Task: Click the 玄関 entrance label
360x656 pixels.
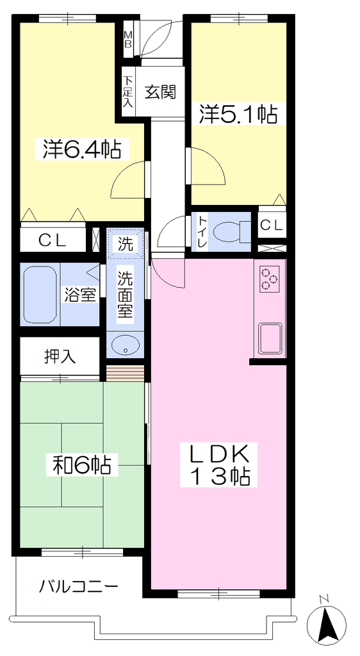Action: click(x=160, y=92)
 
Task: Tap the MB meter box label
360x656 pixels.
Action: click(x=127, y=39)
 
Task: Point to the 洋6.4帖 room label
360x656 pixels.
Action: click(x=83, y=149)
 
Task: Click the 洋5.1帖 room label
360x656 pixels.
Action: click(x=238, y=113)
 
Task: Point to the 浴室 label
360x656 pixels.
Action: click(x=81, y=294)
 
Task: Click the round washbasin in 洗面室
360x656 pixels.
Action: click(x=125, y=346)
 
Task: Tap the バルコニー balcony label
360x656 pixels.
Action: click(x=79, y=587)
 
